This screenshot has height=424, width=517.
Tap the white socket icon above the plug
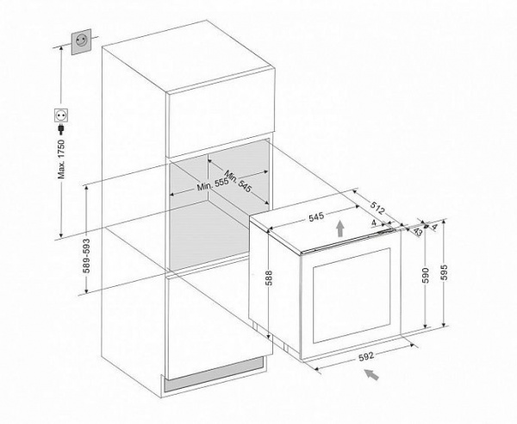61,112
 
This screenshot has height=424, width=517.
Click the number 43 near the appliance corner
418,230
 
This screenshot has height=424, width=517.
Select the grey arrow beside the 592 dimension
371,372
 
